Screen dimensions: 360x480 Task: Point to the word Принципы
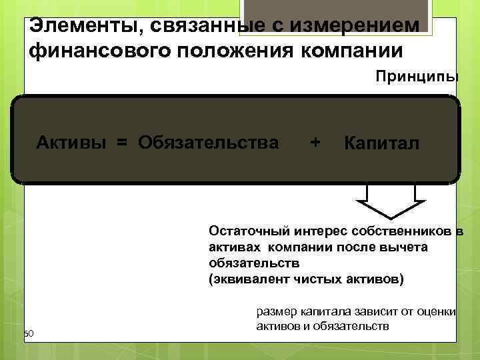tap(417, 77)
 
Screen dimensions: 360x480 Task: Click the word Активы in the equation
tap(70, 142)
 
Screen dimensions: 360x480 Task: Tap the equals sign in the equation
tap(122, 142)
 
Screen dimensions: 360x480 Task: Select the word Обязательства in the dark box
tap(209, 142)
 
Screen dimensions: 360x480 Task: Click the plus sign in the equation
tap(315, 142)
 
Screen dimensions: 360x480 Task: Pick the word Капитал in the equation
tap(381, 143)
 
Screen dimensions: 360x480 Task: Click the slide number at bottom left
tap(28, 333)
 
